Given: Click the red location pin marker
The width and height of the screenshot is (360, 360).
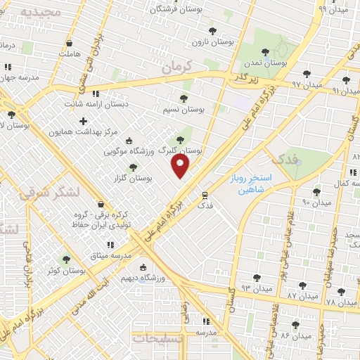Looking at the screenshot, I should [x=181, y=166].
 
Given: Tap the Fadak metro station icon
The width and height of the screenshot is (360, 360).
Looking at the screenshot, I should [x=205, y=195].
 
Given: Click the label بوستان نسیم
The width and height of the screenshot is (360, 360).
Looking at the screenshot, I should [x=184, y=110].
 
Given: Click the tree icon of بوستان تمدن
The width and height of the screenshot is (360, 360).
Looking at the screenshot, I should [x=264, y=52].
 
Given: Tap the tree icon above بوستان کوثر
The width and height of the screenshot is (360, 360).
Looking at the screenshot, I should [x=67, y=259].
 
